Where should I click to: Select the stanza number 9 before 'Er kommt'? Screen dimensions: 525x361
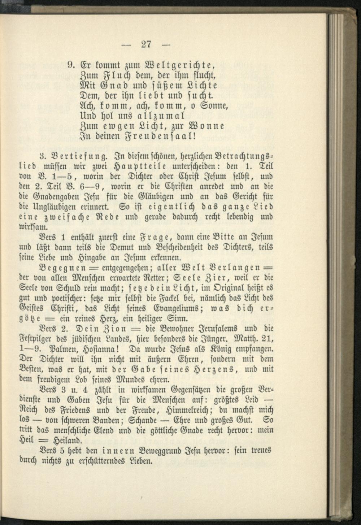pyautogui.click(x=71, y=66)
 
